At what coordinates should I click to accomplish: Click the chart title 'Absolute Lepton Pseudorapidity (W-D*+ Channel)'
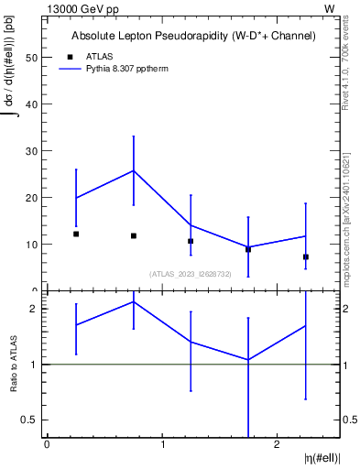[x=193, y=36]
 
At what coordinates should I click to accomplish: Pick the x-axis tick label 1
[x=162, y=444]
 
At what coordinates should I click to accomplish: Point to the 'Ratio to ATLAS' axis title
[x=14, y=364]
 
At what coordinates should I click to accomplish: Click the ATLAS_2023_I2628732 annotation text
[x=191, y=274]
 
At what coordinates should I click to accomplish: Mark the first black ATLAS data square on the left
[x=76, y=234]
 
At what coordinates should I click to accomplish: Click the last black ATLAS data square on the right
[x=305, y=257]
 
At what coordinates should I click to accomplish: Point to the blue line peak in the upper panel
[x=134, y=170]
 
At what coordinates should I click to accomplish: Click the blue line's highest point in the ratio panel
[x=134, y=301]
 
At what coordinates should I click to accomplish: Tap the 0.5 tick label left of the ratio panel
[x=32, y=420]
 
